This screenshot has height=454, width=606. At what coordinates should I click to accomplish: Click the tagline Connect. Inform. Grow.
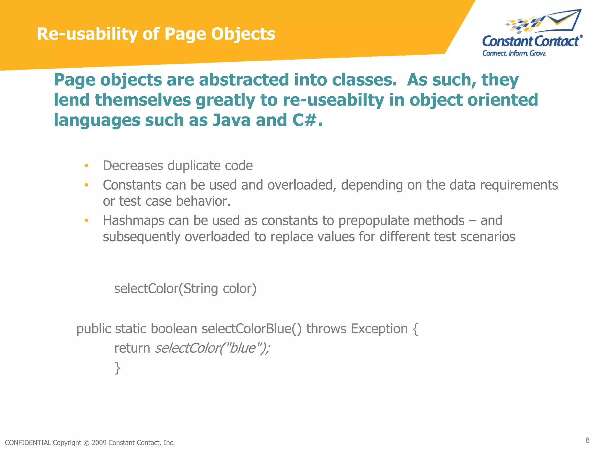514,53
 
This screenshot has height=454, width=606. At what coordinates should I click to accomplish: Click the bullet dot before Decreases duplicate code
86,166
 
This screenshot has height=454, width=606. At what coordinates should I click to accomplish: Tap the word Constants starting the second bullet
132,185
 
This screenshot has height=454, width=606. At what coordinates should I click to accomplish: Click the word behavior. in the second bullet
203,201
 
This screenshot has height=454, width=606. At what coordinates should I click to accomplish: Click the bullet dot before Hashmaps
86,220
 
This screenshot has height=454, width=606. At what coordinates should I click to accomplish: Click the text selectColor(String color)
185,288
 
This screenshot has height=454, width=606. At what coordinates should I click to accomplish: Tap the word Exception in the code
379,329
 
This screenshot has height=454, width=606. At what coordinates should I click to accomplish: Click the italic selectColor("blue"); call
212,348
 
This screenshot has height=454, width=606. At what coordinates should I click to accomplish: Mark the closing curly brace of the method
117,368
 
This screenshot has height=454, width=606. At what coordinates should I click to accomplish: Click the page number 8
587,440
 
